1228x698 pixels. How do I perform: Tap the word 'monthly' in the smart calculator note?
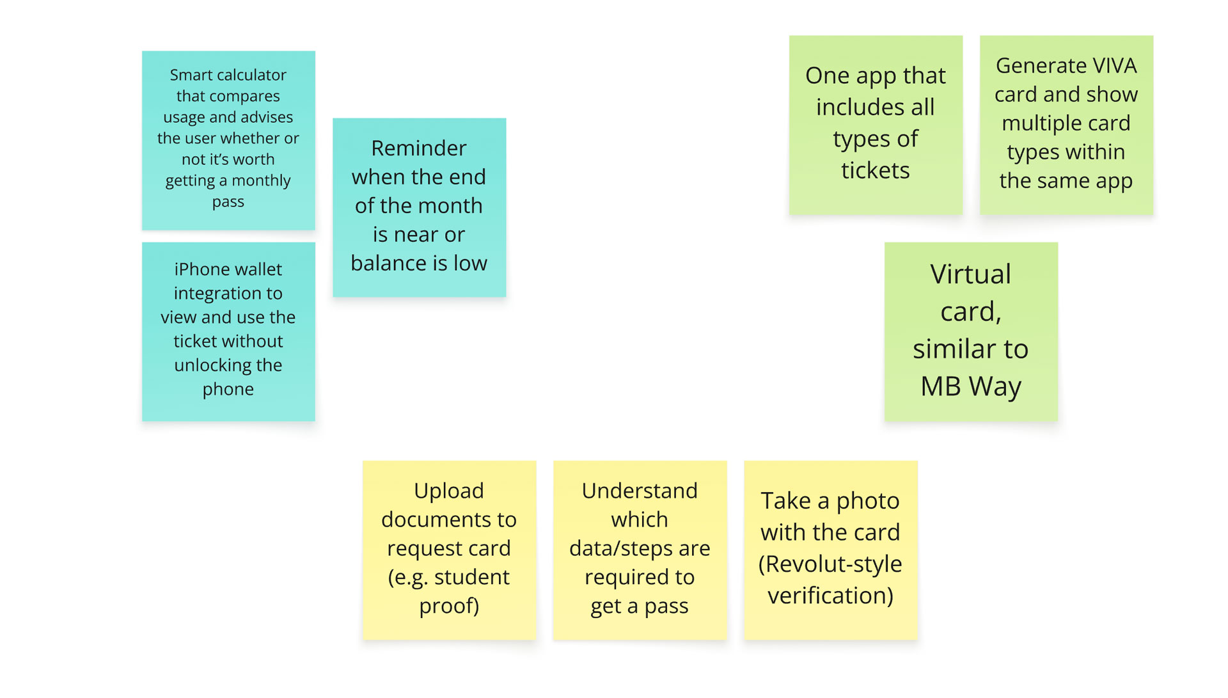click(x=261, y=181)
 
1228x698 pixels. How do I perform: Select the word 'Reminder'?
click(x=419, y=148)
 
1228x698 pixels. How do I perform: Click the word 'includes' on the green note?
click(x=853, y=107)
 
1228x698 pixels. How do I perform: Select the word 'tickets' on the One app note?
click(x=876, y=171)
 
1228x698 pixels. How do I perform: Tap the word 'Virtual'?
click(x=971, y=274)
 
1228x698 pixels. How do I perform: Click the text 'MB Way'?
click(x=971, y=386)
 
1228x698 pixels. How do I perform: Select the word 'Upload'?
click(x=449, y=491)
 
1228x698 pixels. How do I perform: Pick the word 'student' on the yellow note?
click(x=472, y=577)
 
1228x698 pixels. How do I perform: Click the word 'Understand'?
click(x=640, y=491)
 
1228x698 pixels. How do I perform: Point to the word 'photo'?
click(x=868, y=502)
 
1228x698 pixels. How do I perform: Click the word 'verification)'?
click(x=830, y=596)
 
